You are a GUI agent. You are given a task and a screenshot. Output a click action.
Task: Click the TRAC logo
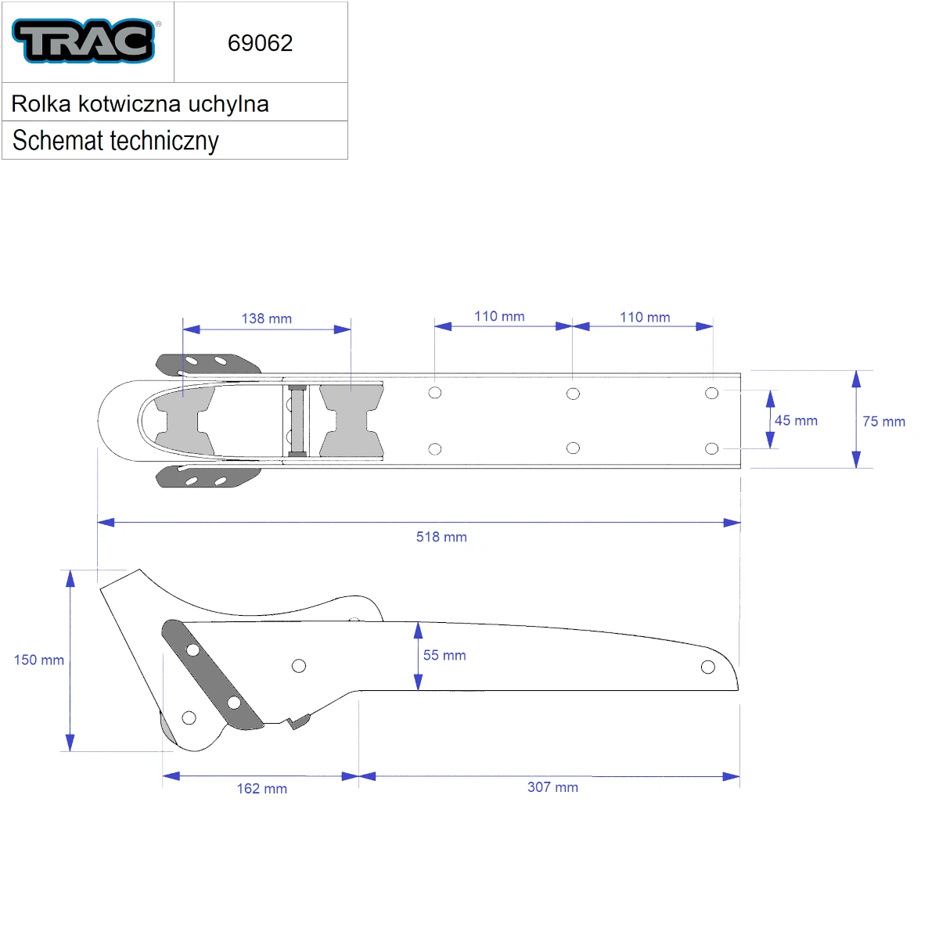(x=84, y=41)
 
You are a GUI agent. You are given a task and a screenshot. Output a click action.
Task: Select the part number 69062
(x=260, y=43)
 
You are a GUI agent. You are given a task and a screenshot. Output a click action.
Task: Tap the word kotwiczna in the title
(x=130, y=104)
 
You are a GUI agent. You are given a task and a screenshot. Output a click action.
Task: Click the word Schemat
(x=57, y=140)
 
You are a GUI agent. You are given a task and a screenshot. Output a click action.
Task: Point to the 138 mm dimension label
(x=267, y=318)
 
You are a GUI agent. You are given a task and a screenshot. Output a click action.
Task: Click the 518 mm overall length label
(x=441, y=537)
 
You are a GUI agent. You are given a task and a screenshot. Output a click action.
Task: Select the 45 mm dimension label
(x=796, y=420)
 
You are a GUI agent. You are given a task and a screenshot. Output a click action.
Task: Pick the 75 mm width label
(x=883, y=422)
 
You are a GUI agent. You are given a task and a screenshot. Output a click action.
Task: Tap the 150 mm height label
(x=39, y=660)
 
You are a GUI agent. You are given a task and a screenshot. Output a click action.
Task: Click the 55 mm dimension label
(x=444, y=655)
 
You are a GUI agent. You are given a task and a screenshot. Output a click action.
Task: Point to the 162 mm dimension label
(x=261, y=789)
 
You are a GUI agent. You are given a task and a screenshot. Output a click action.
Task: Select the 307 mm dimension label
(x=552, y=787)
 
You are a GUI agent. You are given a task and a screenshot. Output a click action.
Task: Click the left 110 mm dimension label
(x=499, y=316)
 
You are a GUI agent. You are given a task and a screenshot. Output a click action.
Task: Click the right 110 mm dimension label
(x=645, y=317)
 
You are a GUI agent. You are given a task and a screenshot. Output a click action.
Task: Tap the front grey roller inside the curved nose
(x=183, y=420)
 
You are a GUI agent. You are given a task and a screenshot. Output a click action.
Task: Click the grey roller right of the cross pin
(x=351, y=421)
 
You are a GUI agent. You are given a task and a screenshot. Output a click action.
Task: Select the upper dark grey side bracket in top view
(x=209, y=364)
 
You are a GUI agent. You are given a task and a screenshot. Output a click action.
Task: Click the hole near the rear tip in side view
(x=707, y=667)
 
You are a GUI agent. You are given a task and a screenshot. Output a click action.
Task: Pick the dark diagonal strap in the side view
(x=213, y=675)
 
